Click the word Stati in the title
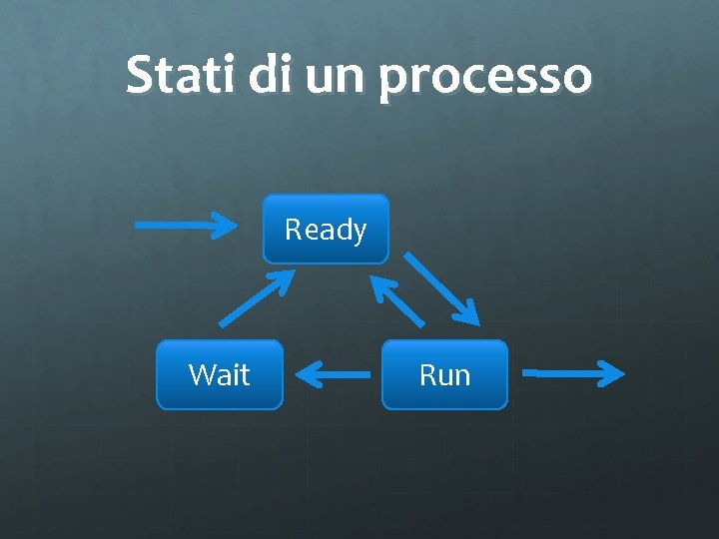[x=182, y=76]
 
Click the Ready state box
[x=326, y=229]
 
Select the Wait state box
[x=220, y=374]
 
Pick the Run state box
[x=444, y=374]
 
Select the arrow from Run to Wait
[x=334, y=376]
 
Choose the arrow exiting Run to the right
[x=573, y=374]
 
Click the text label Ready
[x=326, y=231]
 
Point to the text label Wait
[x=220, y=375]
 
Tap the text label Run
[x=444, y=375]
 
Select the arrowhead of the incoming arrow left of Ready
[x=240, y=225]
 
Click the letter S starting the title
[x=141, y=75]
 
